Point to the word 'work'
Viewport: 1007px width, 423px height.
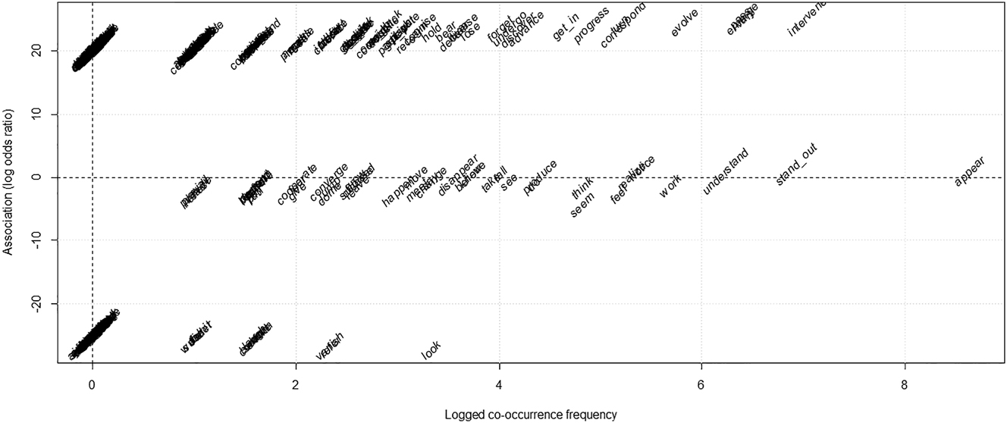click(x=670, y=186)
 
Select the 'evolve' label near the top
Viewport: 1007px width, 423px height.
click(x=685, y=23)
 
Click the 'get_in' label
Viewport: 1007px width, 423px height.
click(x=566, y=29)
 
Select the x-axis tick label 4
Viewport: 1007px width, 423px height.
click(x=499, y=384)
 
